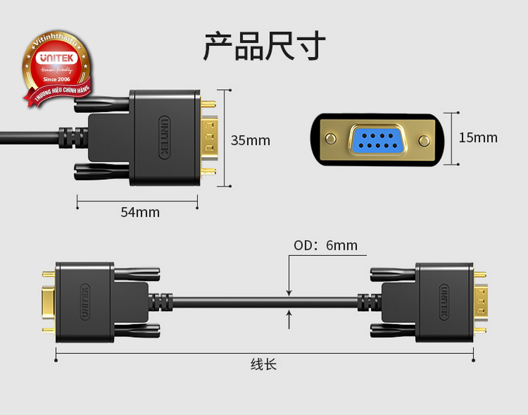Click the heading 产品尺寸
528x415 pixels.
point(263,46)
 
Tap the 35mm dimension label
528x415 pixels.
point(250,140)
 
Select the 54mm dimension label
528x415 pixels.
point(140,212)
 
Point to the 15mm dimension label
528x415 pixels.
point(478,137)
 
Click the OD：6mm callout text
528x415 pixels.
point(325,245)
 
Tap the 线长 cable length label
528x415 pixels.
point(263,365)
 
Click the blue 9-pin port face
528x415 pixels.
point(378,139)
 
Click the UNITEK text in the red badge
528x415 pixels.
point(56,58)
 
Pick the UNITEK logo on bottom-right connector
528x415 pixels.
point(444,303)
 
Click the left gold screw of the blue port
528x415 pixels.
point(331,138)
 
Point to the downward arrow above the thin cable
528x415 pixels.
point(289,291)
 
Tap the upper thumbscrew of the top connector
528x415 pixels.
point(103,104)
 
